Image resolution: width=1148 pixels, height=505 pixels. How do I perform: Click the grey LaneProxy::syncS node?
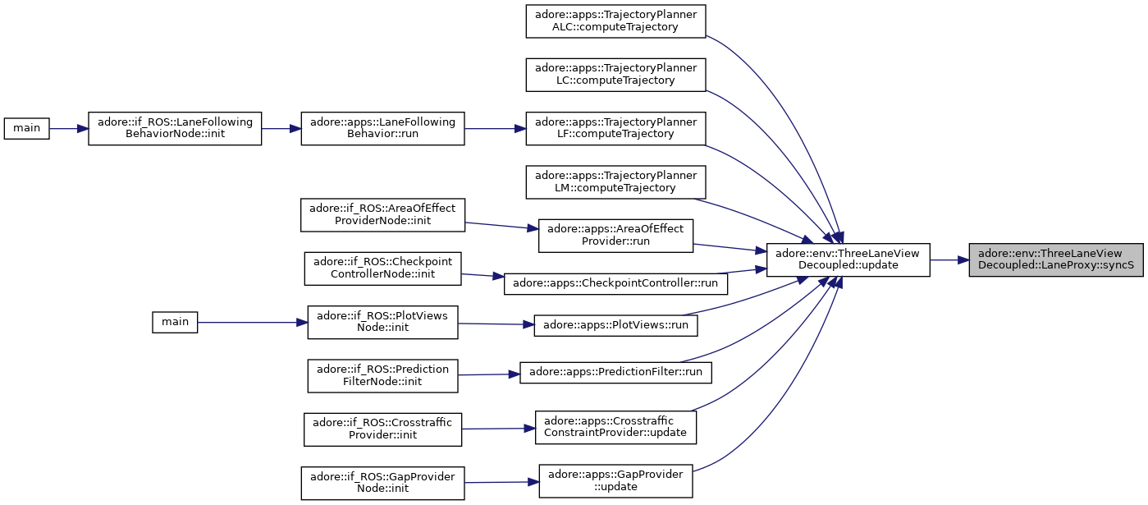pos(1056,260)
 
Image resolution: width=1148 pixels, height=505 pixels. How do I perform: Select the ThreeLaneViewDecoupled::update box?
pos(848,260)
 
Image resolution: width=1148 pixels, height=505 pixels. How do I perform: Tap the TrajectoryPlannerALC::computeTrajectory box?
pos(615,21)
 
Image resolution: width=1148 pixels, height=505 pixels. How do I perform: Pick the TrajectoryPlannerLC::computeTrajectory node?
pos(615,75)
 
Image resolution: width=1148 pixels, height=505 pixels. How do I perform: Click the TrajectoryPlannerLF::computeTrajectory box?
pos(615,129)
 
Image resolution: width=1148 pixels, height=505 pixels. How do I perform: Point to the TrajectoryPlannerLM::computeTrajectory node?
pos(615,182)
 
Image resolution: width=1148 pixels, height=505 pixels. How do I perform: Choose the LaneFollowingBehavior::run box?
pos(383,129)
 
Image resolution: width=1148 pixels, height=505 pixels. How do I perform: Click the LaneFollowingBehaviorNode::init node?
pos(175,129)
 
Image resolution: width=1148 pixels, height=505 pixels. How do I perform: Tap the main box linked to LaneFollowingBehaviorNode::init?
pos(26,129)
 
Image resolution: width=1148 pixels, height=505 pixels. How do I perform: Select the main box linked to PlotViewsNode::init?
pos(175,323)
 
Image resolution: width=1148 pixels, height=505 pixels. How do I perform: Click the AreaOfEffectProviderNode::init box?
pos(383,215)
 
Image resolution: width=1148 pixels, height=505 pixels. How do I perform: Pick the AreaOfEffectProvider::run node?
pos(615,236)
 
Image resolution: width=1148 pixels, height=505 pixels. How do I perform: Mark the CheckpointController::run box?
pos(615,283)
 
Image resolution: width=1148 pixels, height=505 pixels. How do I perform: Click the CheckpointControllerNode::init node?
pos(383,269)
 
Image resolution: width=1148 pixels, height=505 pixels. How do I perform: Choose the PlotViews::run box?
pos(615,326)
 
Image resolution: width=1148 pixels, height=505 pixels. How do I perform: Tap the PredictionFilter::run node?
pos(615,373)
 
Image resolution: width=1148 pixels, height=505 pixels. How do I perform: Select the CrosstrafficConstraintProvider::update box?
pos(615,428)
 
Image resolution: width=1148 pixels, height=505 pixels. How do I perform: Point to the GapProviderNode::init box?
pos(383,483)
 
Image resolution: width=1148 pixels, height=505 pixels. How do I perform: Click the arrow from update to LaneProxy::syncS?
pos(949,260)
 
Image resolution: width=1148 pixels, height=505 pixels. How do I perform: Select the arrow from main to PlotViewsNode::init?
pos(253,323)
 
